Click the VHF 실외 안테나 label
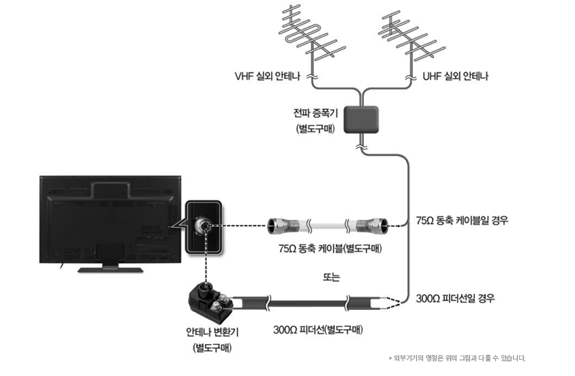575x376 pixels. point(267,76)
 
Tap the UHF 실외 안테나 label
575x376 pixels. point(456,76)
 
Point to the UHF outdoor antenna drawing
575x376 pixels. point(411,37)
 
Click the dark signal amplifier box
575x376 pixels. point(361,120)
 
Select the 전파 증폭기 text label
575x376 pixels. point(315,113)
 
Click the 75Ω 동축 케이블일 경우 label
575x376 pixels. point(462,220)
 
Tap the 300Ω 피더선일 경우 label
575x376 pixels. point(455,298)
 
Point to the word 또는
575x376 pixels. point(331,277)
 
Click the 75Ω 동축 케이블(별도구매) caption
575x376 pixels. point(330,249)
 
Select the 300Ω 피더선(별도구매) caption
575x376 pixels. point(318,330)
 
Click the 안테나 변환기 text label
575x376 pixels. point(213,332)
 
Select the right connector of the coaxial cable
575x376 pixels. point(372,225)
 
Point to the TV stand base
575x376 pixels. point(110,270)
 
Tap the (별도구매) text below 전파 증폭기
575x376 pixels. point(315,129)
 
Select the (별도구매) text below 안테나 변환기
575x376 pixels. point(213,348)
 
